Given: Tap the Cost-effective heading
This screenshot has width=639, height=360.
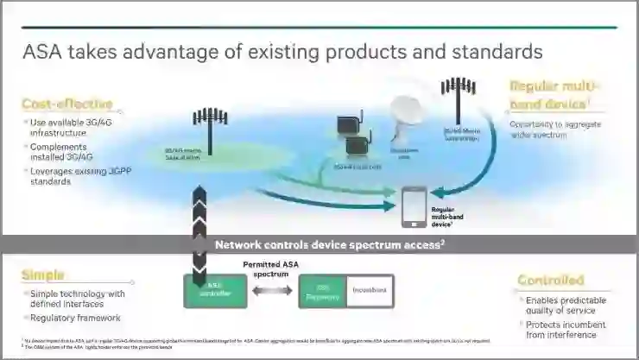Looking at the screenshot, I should [67, 104].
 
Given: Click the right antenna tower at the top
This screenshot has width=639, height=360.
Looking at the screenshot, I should [458, 101].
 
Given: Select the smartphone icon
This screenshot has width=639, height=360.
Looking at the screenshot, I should [413, 205].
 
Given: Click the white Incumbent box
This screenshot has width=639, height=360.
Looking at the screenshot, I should [370, 292].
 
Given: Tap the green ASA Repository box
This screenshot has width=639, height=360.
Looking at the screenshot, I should [322, 292].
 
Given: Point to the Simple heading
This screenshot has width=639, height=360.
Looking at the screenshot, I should [43, 275].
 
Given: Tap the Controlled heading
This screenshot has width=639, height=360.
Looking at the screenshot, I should [550, 281].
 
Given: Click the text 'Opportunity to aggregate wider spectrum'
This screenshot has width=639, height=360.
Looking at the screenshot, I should [550, 129].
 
